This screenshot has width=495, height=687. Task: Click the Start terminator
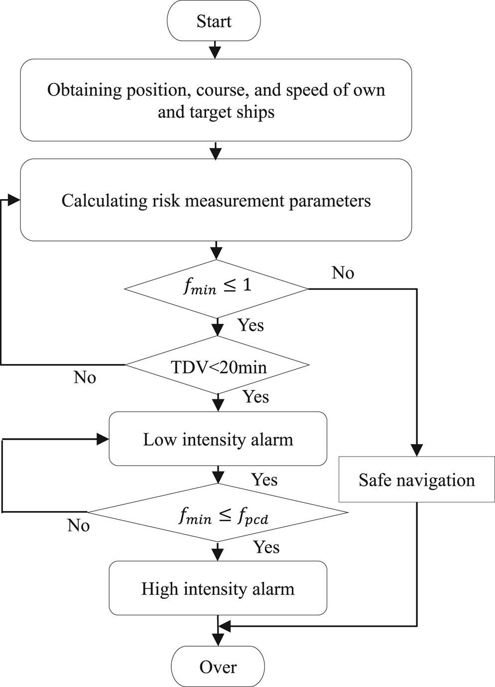214,21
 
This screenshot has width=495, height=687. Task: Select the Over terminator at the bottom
218,667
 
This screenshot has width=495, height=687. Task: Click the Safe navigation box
416,479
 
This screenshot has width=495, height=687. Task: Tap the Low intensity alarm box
218,439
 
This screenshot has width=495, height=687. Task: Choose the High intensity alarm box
218,588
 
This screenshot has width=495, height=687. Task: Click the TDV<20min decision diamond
218,366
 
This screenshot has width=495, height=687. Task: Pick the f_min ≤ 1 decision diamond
217,288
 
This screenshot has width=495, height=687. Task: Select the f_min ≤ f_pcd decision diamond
218,513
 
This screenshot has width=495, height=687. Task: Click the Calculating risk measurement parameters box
216,200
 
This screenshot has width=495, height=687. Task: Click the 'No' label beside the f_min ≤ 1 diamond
343,273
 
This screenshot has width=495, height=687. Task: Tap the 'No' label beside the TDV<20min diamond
85,377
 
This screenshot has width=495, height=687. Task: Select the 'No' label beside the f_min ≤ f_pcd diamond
78,525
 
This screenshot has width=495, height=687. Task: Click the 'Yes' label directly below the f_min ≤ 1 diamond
250,325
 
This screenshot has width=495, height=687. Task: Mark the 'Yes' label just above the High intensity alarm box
266,547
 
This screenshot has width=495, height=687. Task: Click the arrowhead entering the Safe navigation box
416,450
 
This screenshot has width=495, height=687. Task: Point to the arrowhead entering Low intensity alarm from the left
103,439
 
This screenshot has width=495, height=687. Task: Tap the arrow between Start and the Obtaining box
215,50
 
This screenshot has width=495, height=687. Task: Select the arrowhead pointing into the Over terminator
218,640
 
